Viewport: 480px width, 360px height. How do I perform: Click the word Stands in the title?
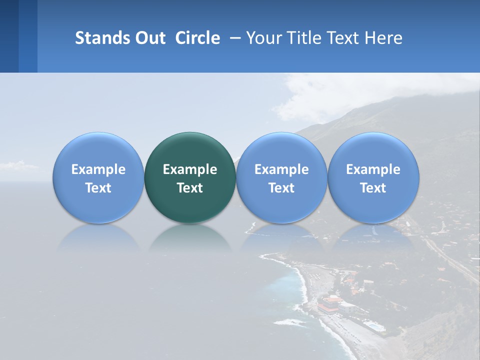(x=101, y=38)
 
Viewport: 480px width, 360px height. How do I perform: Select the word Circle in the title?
(x=197, y=38)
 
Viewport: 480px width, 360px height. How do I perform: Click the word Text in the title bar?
(x=345, y=38)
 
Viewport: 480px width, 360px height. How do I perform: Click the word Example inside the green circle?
(x=190, y=169)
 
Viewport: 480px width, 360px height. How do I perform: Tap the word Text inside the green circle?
(x=190, y=188)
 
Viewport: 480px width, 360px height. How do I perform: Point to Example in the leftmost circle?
(x=98, y=169)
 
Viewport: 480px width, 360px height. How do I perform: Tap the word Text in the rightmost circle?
(x=373, y=188)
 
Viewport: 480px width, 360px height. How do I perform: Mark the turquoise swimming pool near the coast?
(x=374, y=326)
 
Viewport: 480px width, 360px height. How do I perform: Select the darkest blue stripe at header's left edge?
(x=9, y=36)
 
